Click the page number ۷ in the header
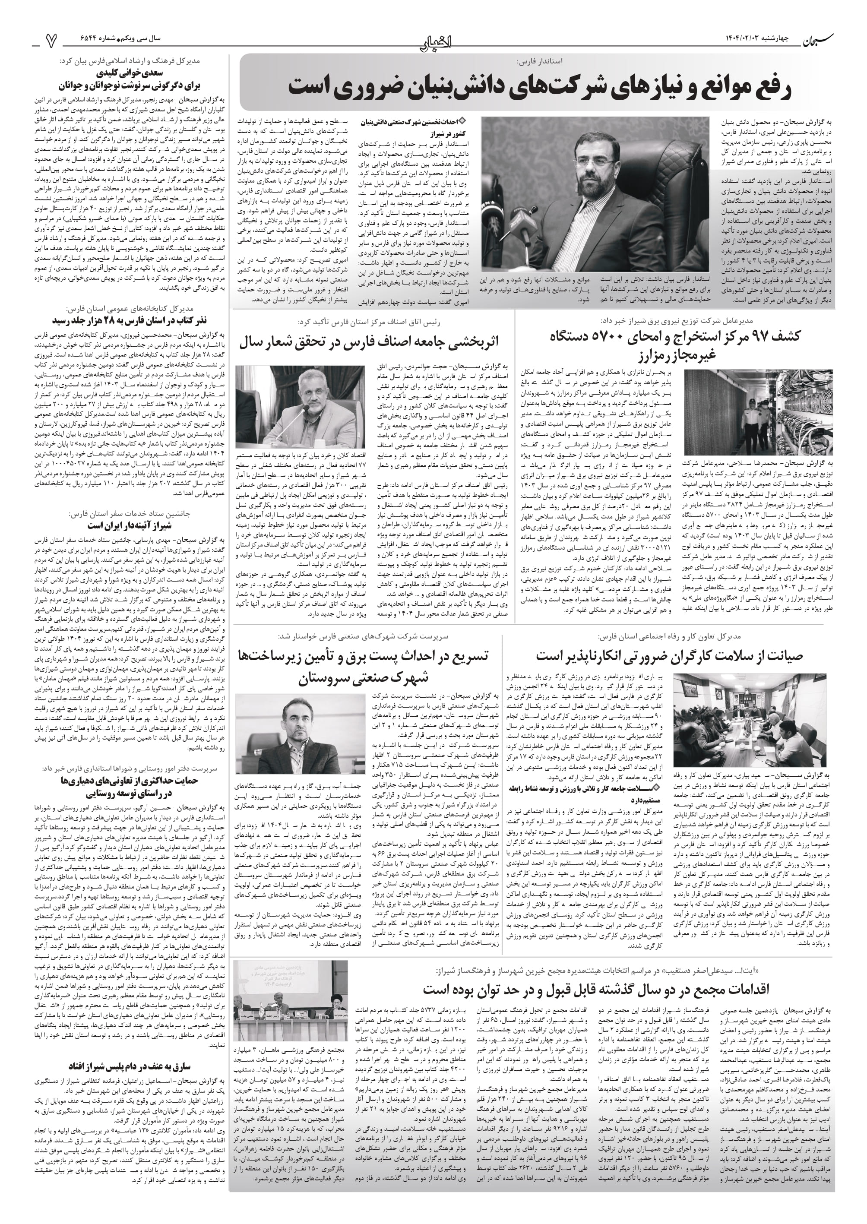52,39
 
